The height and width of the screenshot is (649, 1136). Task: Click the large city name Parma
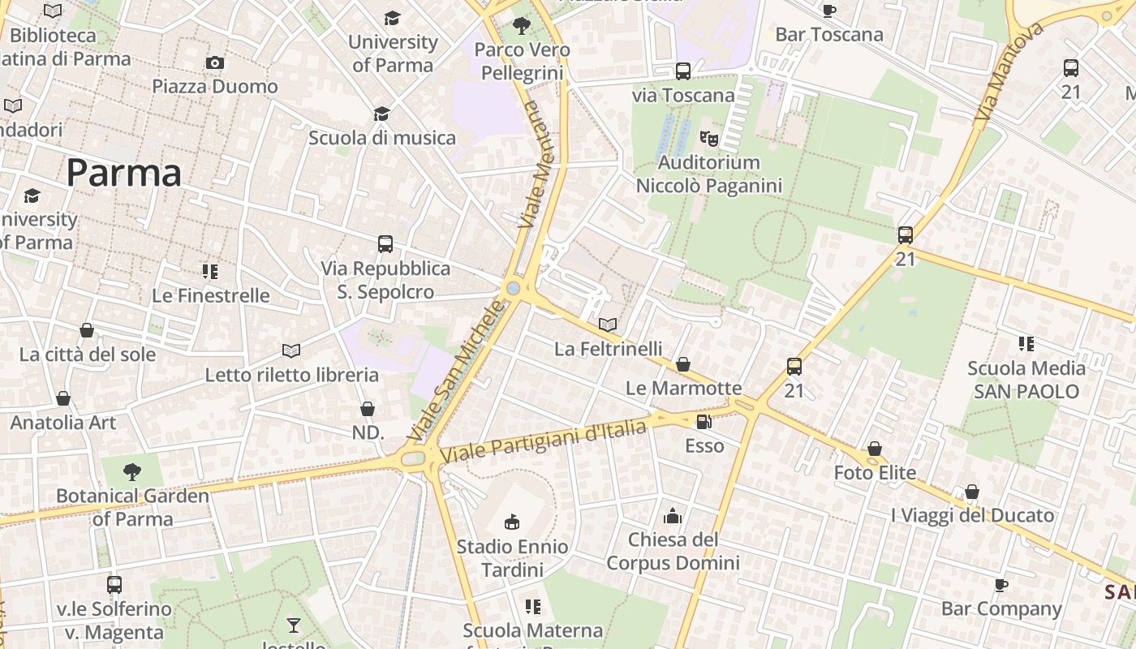[123, 173]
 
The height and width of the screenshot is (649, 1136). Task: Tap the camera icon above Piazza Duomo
[214, 63]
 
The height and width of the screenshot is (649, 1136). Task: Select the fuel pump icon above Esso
[704, 422]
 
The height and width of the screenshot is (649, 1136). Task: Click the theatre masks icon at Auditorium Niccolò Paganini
[709, 139]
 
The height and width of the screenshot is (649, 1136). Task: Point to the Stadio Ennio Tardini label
[512, 558]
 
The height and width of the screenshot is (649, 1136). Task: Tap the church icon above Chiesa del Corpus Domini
[673, 516]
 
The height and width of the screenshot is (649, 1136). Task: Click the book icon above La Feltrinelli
[608, 325]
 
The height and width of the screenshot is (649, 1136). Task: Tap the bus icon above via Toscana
[683, 71]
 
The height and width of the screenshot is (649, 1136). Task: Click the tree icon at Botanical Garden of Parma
[131, 472]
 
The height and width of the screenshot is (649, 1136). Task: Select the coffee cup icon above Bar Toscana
[828, 11]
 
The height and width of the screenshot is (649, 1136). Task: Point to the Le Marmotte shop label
[683, 388]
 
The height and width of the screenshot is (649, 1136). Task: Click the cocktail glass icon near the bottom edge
[293, 625]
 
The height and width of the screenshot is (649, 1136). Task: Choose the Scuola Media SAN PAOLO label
[1026, 380]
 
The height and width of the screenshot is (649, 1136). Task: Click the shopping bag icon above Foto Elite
[875, 449]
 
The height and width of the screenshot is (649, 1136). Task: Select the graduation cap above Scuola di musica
[381, 114]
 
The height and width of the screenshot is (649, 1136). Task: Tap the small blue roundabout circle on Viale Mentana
[513, 288]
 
